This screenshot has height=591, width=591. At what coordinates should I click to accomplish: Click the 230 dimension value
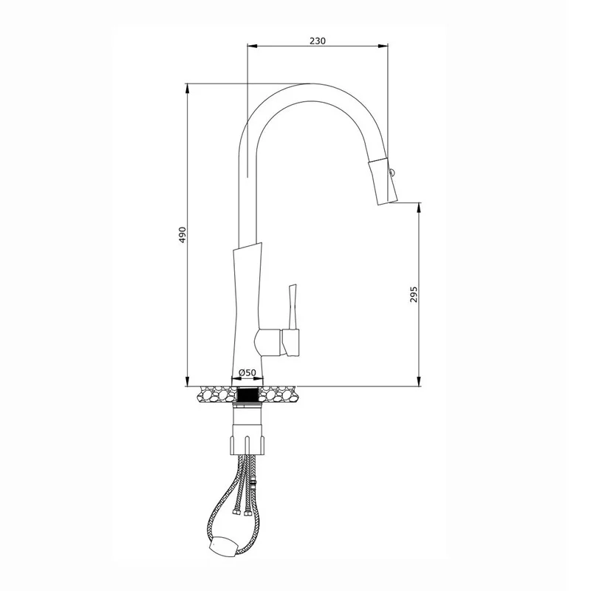click(x=317, y=41)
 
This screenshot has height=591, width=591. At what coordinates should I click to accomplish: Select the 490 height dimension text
click(x=182, y=234)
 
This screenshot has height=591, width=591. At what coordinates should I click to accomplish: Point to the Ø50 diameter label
click(x=247, y=373)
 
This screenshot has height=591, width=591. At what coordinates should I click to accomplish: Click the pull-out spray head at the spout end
click(x=384, y=182)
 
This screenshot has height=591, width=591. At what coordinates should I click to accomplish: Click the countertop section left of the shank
click(x=214, y=394)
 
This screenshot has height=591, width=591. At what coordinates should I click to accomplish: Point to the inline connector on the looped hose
click(x=253, y=485)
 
